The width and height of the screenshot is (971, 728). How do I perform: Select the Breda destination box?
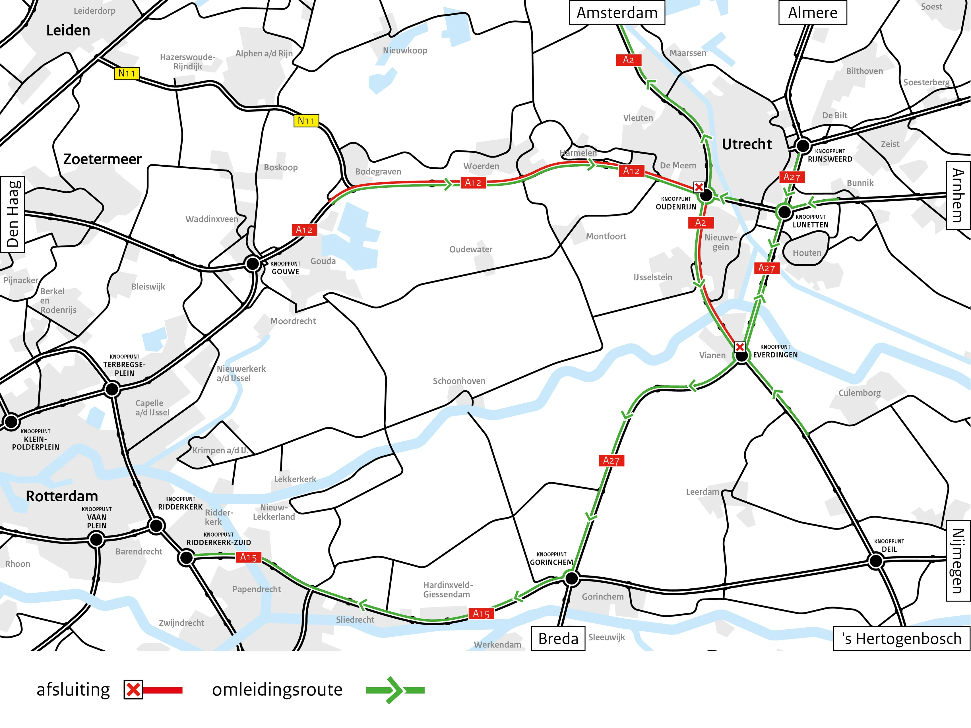558,638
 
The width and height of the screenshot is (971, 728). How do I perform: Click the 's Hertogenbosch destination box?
901,638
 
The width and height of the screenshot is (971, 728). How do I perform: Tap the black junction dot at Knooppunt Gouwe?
252,264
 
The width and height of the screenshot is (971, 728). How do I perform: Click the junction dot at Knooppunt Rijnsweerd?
803,145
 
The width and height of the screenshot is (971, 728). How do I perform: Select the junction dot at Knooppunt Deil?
876,561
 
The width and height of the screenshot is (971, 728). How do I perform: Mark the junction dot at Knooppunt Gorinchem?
572,579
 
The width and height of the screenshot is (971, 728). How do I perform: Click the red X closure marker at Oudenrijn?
699,187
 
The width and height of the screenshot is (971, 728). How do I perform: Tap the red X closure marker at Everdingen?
740,347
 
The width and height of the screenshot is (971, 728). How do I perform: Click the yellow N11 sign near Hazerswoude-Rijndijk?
126,73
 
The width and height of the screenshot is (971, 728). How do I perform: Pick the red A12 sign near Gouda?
304,229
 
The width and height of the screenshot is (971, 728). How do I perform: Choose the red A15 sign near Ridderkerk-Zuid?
249,557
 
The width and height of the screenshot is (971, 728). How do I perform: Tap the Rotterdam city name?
62,496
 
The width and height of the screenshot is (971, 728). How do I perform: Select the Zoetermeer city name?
102,159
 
